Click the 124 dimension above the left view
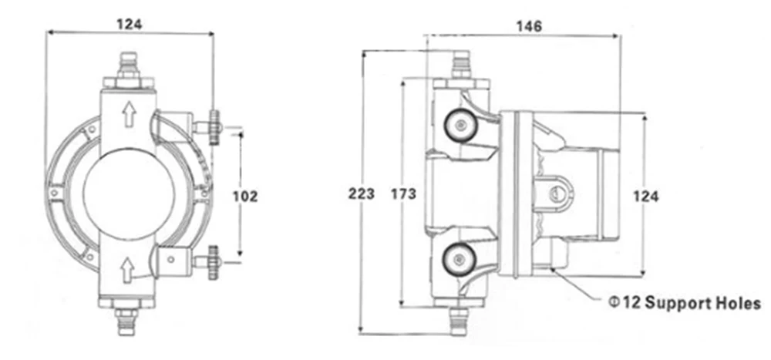[130, 24]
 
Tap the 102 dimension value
[245, 197]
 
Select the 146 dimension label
[529, 26]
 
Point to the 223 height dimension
[362, 193]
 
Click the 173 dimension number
[404, 194]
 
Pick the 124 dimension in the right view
[645, 197]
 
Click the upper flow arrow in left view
[129, 114]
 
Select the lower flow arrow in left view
[128, 269]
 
